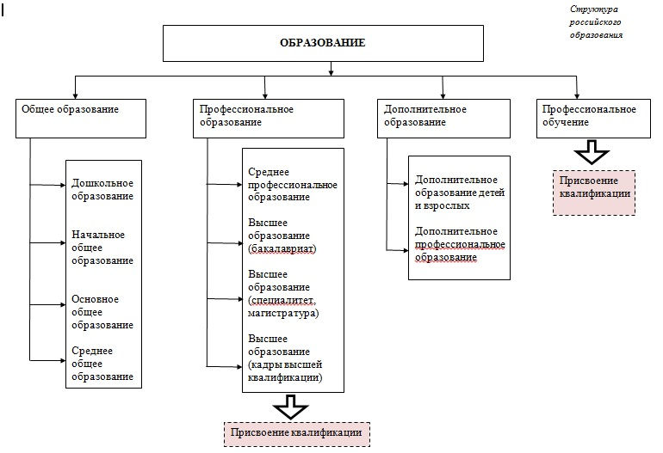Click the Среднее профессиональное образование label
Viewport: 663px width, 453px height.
point(291,185)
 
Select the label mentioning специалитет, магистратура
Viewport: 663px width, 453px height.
point(283,293)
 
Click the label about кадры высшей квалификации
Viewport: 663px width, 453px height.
point(285,358)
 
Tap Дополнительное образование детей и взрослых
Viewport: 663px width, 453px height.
point(459,193)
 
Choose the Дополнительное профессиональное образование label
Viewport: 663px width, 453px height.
point(457,245)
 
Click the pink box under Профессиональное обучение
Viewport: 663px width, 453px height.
point(593,193)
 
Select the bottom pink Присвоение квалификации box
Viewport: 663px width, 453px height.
point(296,433)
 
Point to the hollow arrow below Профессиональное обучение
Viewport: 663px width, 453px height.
point(592,154)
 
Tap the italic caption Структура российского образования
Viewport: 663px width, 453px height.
point(596,23)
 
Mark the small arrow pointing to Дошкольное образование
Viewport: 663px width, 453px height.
point(62,184)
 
